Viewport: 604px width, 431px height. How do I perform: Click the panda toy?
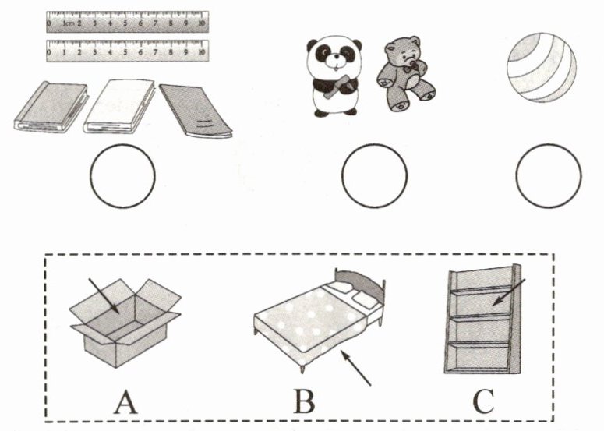tap(334, 76)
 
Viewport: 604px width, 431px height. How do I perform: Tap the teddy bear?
tap(405, 73)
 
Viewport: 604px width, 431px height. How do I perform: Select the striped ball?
tap(541, 67)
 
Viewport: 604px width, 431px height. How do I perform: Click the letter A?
tap(125, 401)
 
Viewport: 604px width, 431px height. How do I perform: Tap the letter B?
tap(304, 401)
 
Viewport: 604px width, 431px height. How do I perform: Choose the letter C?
tap(483, 401)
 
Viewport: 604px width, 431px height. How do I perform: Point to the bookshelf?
tap(482, 319)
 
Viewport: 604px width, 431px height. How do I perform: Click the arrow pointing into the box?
tap(103, 295)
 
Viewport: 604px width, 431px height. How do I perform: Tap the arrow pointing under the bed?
tap(356, 367)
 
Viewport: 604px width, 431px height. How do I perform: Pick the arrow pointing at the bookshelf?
tap(508, 293)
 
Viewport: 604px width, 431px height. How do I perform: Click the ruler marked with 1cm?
tap(128, 22)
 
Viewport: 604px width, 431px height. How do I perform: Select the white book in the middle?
tap(119, 107)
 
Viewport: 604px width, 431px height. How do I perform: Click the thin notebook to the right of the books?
tap(196, 111)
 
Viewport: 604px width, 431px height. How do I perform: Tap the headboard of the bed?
tap(360, 283)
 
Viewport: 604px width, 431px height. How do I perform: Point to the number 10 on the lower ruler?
tap(201, 52)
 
